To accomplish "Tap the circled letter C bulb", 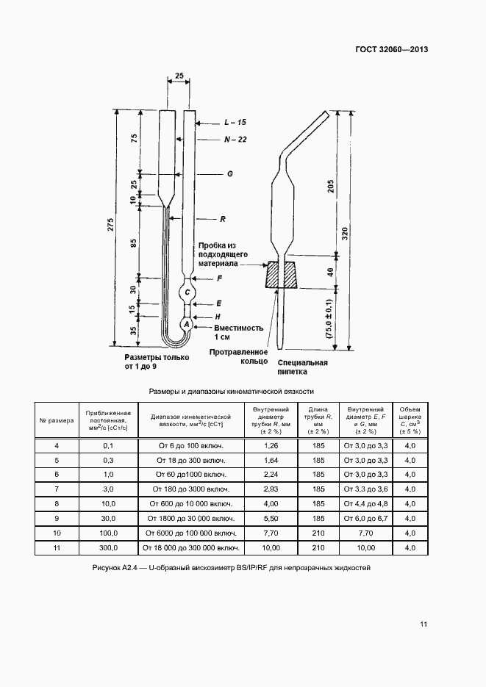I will tap(187, 293).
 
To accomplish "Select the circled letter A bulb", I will tap(186, 324).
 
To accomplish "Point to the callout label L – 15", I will tap(236, 123).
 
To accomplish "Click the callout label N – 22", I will tap(236, 139).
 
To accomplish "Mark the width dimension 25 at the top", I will tap(179, 76).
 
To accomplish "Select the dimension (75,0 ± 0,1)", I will tap(329, 317).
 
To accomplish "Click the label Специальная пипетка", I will tap(303, 367).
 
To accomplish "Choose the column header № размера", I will tap(57, 421).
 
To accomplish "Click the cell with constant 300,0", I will tap(108, 548).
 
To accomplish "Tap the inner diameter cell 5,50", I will tap(271, 517).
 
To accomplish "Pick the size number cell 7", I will tap(57, 489).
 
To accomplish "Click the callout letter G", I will tap(229, 175).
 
